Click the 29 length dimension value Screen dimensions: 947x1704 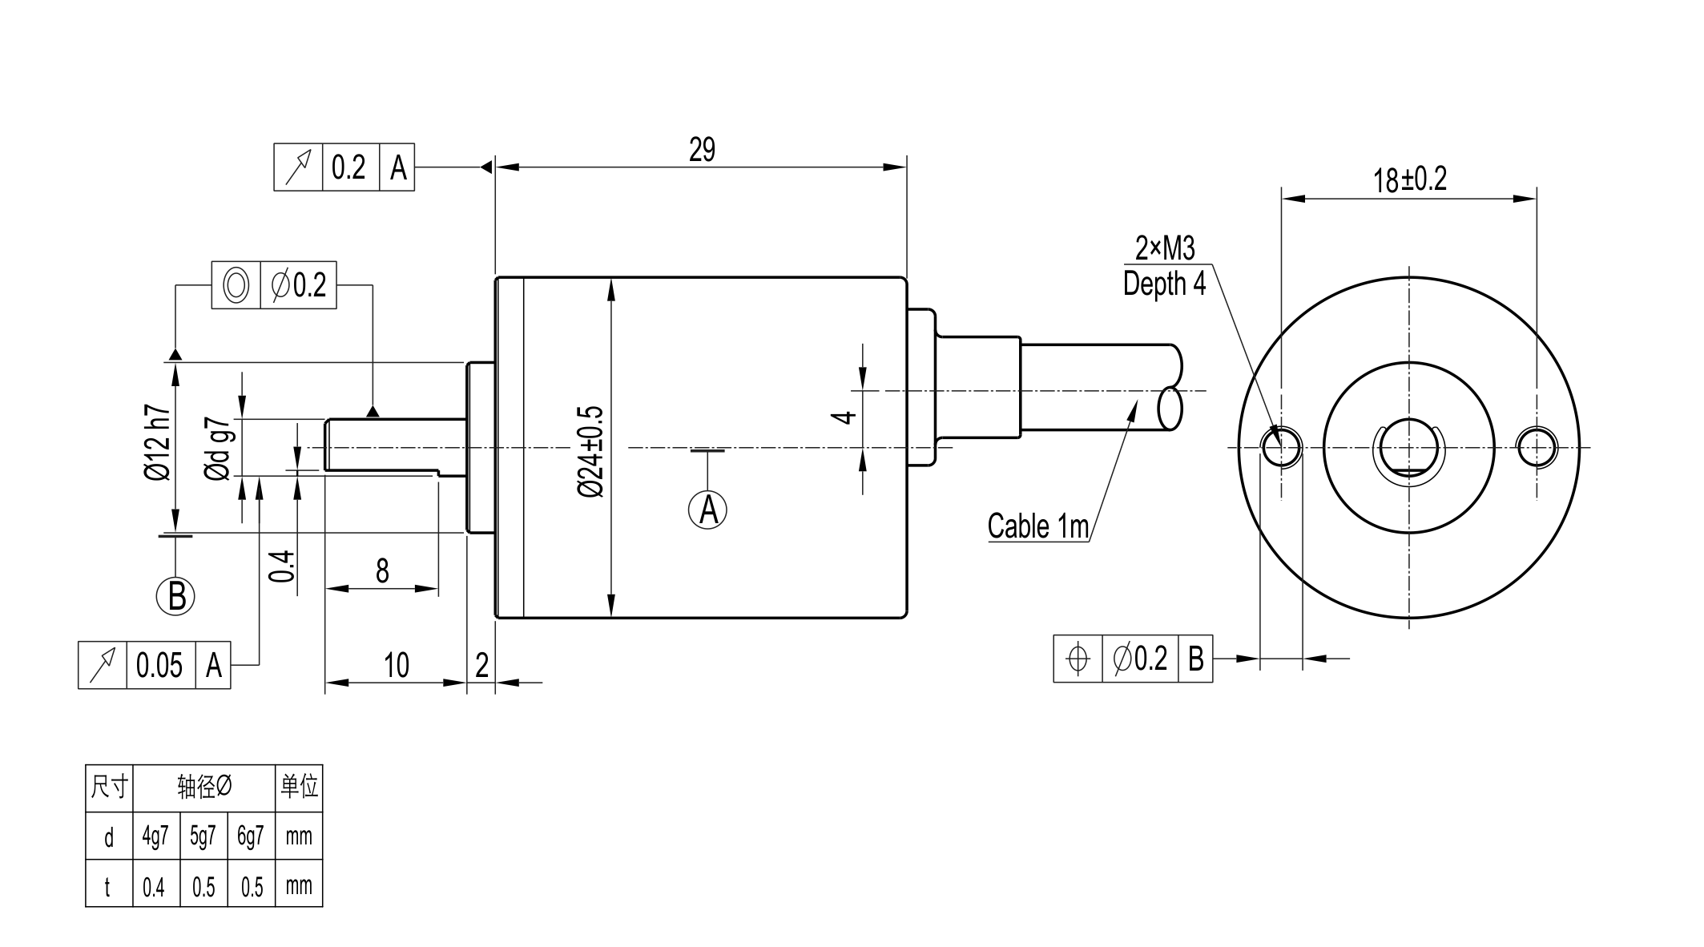click(702, 150)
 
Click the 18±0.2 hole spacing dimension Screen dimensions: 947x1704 click(1410, 179)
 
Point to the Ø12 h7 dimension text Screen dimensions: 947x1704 click(158, 442)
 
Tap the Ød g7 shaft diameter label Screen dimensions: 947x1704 click(219, 449)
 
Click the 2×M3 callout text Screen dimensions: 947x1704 click(1165, 248)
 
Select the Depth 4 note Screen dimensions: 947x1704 click(1164, 284)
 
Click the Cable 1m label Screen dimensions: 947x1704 click(1038, 526)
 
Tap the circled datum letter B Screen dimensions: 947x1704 click(176, 596)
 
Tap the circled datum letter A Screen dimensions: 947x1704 click(707, 510)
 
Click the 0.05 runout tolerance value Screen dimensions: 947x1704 click(159, 665)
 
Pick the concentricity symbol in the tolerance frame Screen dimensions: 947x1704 click(236, 285)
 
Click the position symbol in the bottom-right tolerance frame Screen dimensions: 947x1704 click(1078, 659)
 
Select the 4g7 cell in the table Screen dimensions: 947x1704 click(155, 836)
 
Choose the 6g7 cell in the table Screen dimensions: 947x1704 click(251, 836)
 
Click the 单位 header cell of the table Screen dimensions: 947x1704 click(299, 787)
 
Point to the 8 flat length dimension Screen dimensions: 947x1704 click(382, 571)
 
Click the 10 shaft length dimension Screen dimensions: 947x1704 click(397, 665)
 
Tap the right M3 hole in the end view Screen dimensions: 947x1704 click(1537, 447)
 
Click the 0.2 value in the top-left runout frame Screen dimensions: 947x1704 click(349, 167)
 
